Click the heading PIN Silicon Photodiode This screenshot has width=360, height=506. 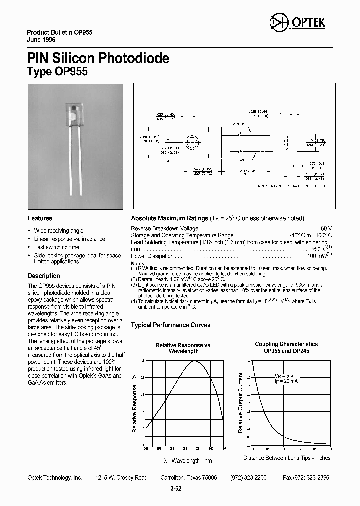[x=98, y=58]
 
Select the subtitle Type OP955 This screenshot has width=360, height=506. [x=57, y=71]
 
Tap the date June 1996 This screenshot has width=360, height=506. [x=41, y=39]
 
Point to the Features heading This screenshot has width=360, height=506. [x=40, y=218]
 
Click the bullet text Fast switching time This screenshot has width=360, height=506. [x=57, y=247]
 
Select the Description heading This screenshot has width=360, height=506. [x=44, y=276]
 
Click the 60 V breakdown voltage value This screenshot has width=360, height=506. [x=326, y=228]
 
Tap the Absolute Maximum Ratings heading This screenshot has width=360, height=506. [x=169, y=218]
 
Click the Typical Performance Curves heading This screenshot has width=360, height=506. [x=170, y=325]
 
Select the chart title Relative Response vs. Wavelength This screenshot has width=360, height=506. [x=183, y=348]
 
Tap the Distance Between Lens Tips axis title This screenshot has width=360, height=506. [x=287, y=458]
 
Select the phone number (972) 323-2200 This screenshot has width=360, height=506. [x=248, y=478]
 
